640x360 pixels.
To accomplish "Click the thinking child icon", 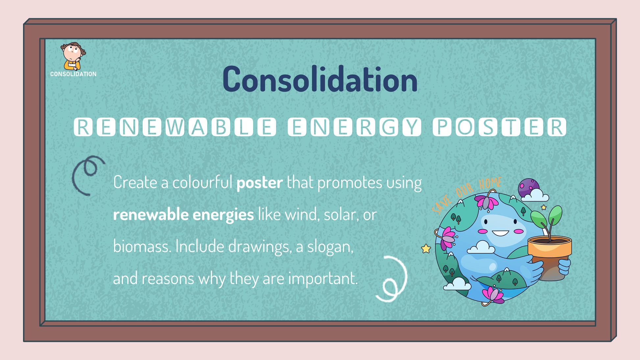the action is click(73, 56).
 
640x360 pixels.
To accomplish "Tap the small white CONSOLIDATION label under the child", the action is click(73, 74).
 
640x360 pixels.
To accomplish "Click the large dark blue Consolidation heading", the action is click(320, 79).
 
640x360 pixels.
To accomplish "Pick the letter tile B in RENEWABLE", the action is click(221, 127).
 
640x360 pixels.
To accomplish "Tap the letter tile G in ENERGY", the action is click(389, 127).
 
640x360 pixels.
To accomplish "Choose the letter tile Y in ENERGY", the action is click(412, 127).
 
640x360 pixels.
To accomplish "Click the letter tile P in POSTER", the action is click(442, 127).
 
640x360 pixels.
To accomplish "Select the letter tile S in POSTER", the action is click(488, 127).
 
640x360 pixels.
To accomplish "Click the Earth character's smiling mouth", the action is click(500, 233).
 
